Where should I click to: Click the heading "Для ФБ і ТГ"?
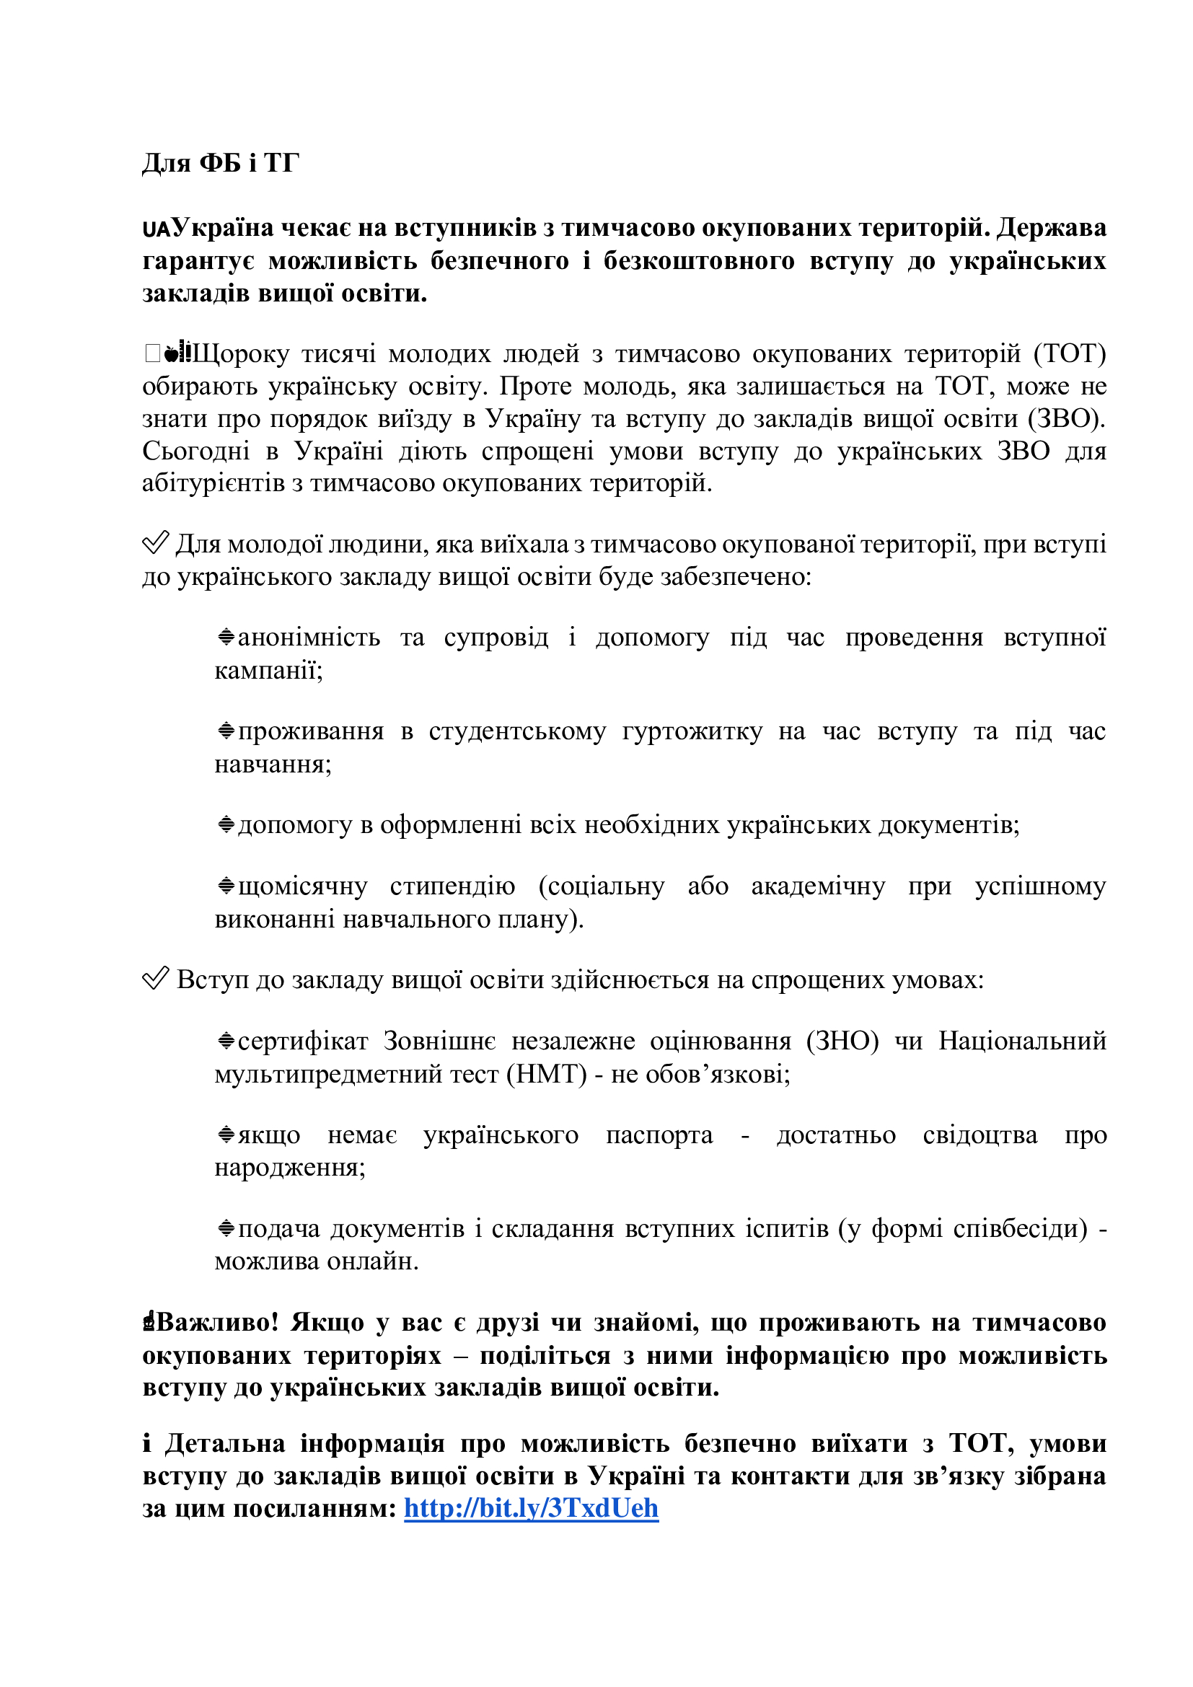point(221,162)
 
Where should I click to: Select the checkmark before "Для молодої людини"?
point(155,543)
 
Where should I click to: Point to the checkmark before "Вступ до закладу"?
point(155,979)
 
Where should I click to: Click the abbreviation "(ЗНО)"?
point(842,1041)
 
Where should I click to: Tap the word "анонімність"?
point(309,637)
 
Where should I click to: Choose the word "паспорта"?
point(659,1135)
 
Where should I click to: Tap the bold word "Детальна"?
point(225,1443)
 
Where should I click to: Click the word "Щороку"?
point(240,353)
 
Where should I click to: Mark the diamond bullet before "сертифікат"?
point(226,1041)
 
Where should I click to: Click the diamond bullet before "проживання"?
point(226,731)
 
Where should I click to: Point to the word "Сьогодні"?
point(196,450)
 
